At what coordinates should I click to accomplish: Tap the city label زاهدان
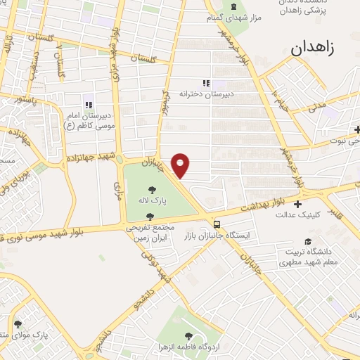[x=315, y=47]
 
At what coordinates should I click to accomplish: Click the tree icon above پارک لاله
[x=153, y=188]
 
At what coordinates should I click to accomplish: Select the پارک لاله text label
[x=153, y=200]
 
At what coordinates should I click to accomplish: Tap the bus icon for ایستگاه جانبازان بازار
[x=217, y=224]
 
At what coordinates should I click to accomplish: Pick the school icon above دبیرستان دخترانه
[x=206, y=83]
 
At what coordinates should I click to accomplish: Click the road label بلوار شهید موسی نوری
[x=53, y=230]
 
